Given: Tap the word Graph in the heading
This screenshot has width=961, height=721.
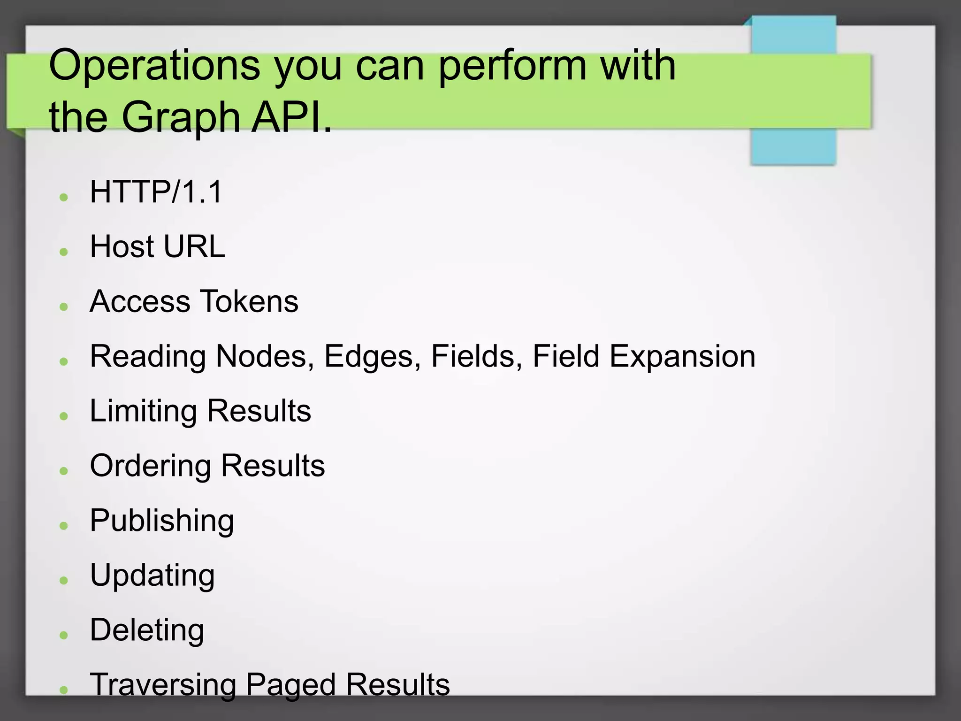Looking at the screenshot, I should tap(181, 117).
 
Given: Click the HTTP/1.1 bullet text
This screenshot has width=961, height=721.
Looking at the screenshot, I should tap(156, 192).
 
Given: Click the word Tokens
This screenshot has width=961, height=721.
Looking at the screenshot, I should tap(249, 301).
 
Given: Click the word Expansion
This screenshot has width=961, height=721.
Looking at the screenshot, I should tap(682, 356).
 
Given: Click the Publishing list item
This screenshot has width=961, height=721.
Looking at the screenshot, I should tap(162, 521).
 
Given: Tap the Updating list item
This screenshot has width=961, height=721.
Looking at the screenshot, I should tap(153, 576).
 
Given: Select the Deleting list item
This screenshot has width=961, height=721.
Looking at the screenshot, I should tap(147, 630).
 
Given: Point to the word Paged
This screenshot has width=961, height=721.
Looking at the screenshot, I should tap(290, 685).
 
